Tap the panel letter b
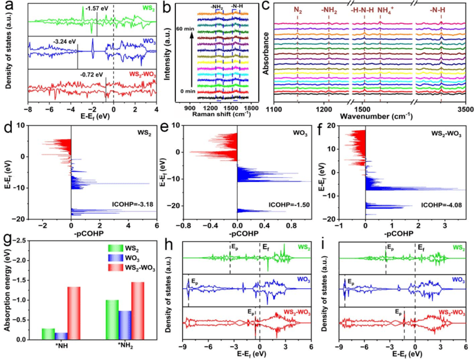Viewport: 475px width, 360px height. tap(168, 8)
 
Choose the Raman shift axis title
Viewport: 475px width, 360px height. tap(217, 113)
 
